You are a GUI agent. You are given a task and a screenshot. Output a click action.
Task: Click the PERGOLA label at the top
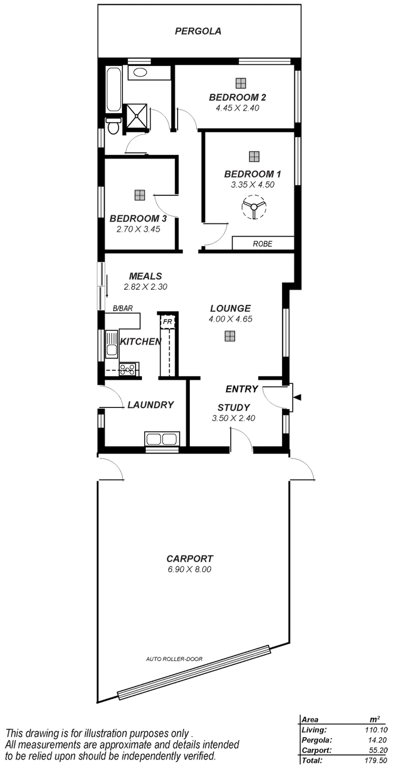(x=198, y=32)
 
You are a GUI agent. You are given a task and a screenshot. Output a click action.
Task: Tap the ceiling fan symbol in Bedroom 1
(x=253, y=207)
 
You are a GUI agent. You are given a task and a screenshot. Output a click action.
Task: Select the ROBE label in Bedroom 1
(x=262, y=244)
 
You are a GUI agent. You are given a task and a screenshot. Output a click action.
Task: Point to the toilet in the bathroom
(x=113, y=127)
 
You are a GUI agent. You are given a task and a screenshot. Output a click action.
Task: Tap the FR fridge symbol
(x=168, y=322)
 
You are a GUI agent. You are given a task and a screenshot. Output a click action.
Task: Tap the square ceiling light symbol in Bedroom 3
(x=139, y=195)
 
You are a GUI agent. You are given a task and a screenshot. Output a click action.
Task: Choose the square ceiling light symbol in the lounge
(x=229, y=335)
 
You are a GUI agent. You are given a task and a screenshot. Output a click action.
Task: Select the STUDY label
(x=233, y=407)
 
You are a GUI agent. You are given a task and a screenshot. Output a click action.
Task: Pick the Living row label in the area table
(x=314, y=731)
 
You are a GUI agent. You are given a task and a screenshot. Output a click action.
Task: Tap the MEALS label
(x=145, y=277)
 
